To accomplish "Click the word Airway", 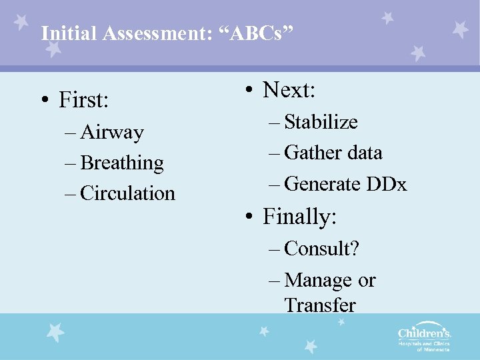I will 111,133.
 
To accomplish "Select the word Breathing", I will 121,163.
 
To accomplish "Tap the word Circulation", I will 127,193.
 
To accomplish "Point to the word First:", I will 83,100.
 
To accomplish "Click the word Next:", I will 289,89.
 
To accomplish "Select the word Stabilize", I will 321,122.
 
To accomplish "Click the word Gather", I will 309,153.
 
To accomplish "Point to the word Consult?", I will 321,249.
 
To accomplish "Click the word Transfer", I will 320,305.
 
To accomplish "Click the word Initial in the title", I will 62,33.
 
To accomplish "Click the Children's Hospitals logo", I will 424,337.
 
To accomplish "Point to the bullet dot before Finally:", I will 247,217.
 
